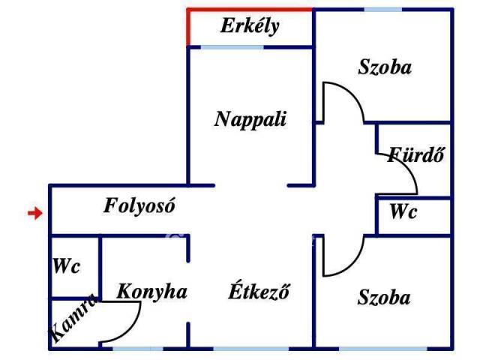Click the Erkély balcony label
tap(250, 27)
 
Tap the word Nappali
tap(250, 119)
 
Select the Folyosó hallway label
tap(139, 205)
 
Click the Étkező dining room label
tap(259, 292)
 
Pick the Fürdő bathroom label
tap(417, 156)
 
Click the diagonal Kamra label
tap(73, 319)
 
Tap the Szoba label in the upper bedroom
tap(385, 67)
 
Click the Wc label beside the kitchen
tap(66, 266)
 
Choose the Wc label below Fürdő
tap(403, 212)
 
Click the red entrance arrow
tap(34, 214)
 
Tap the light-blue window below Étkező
tap(250, 348)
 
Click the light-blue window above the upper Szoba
tap(382, 10)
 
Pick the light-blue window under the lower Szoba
tap(382, 348)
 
